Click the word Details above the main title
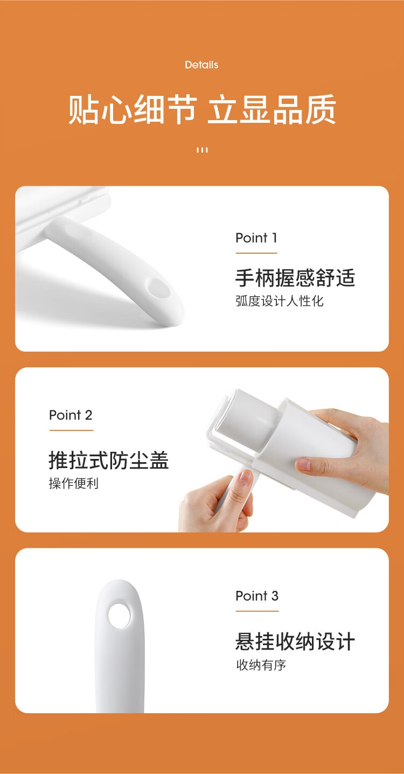pos(201,65)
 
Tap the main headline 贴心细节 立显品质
pos(202,109)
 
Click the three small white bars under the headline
pos(202,150)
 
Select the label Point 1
pos(256,238)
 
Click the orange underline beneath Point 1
pos(256,253)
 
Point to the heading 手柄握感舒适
pos(295,278)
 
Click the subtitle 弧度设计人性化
pos(280,301)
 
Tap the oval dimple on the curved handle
pos(158,288)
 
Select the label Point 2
pos(71,415)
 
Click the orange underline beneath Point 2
pos(71,430)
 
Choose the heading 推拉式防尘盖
pos(108,461)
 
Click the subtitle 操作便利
pos(74,483)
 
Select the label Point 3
pos(257,596)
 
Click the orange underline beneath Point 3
pos(257,611)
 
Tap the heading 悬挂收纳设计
pos(295,641)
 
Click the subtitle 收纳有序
pos(261,665)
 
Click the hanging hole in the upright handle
pos(119,616)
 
